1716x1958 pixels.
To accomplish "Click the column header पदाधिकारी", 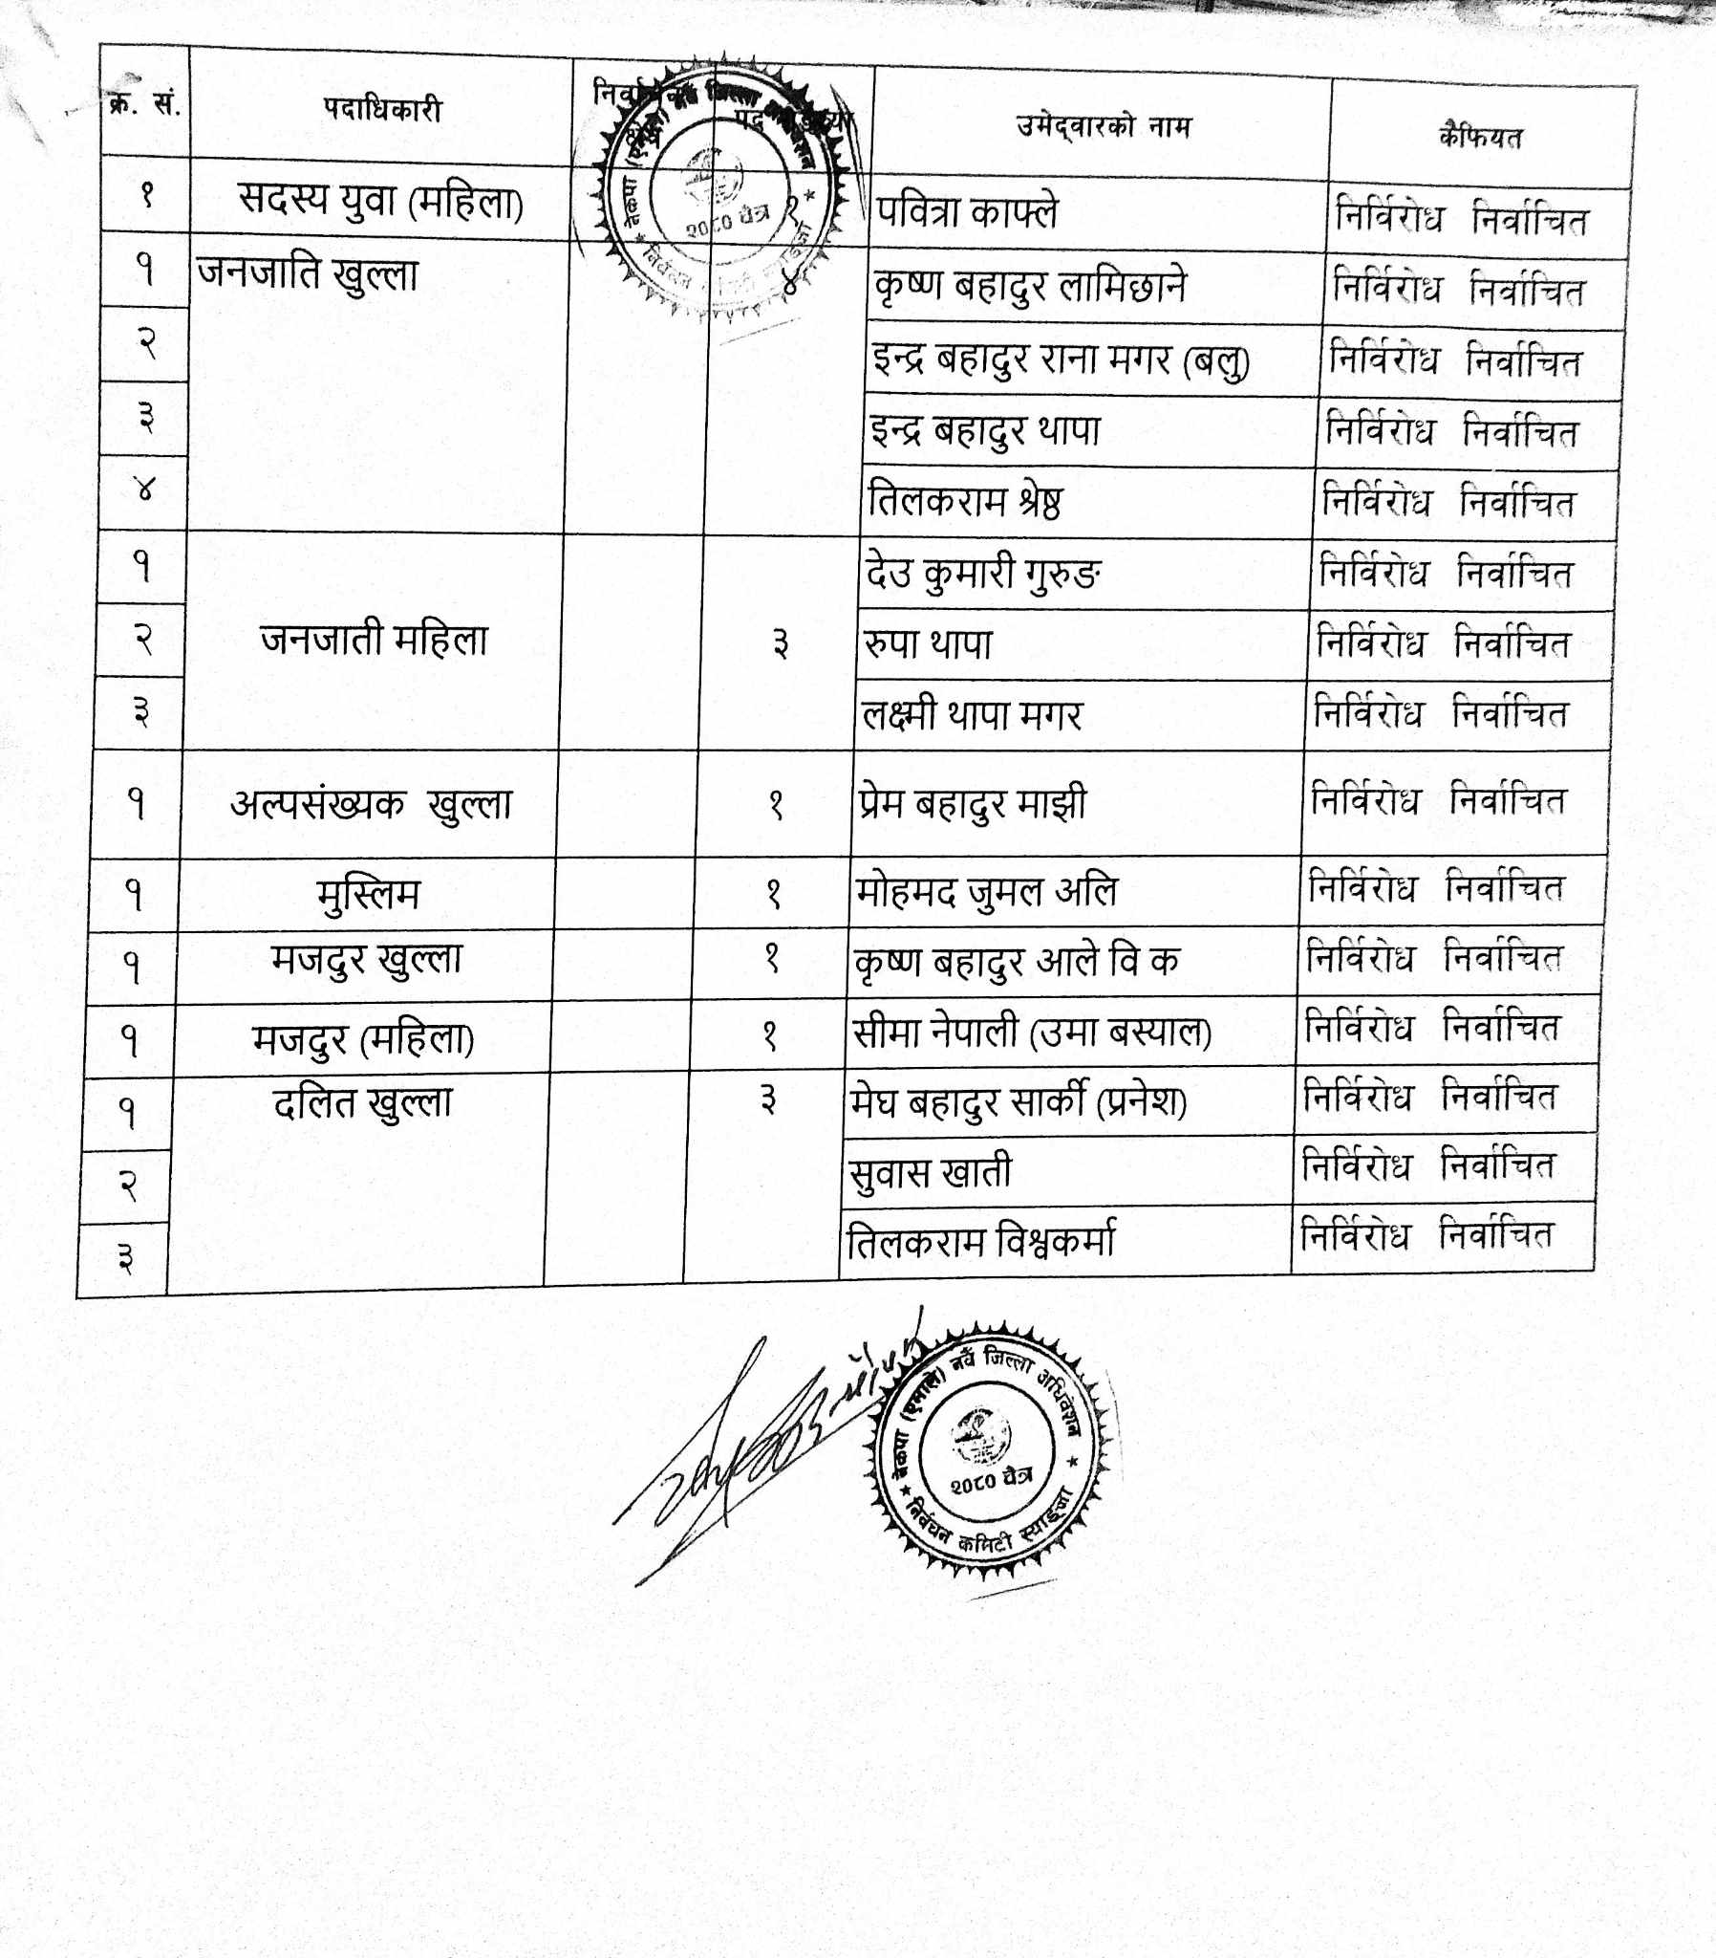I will click(x=382, y=110).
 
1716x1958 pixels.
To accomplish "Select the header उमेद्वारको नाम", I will click(x=1104, y=126).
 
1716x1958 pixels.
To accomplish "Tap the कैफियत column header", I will click(x=1479, y=138).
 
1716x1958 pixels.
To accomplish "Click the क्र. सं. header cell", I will click(x=144, y=103).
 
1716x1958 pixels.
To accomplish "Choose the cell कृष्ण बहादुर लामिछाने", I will click(x=1029, y=287).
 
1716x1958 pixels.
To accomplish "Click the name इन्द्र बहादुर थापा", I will click(x=985, y=430).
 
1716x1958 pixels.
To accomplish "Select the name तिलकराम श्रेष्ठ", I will click(x=964, y=502).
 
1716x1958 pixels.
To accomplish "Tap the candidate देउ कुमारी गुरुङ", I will click(x=981, y=575).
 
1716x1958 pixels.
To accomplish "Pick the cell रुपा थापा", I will click(x=927, y=644).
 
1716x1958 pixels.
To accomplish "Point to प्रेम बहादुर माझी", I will click(x=972, y=803).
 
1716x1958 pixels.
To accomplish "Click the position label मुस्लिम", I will click(x=368, y=895).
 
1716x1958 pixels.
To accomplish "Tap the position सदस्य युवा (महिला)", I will click(x=380, y=202).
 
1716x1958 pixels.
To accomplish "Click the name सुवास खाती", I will click(x=930, y=1171).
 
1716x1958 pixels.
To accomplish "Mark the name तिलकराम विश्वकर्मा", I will click(x=980, y=1243).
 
